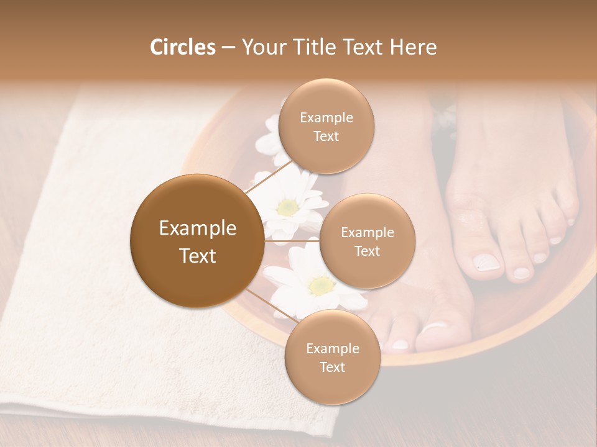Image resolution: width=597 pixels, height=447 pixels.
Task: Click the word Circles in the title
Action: (x=182, y=47)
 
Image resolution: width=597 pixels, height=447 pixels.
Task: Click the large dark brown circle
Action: (x=197, y=241)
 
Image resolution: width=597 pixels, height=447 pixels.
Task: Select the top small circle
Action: (x=326, y=126)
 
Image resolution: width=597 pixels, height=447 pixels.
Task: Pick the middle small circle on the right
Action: (x=367, y=241)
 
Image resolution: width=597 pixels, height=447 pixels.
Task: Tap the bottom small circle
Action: (x=332, y=357)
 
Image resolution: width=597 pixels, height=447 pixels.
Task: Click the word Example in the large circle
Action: (x=197, y=228)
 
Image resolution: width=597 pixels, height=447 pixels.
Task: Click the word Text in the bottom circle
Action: (x=332, y=367)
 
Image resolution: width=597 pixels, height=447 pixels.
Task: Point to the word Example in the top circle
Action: (x=326, y=117)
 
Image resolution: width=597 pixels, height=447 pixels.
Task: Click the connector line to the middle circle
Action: (x=292, y=240)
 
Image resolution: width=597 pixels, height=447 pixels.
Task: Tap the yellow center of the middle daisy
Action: (x=287, y=207)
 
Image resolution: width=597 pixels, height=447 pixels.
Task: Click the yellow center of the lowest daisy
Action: (x=321, y=285)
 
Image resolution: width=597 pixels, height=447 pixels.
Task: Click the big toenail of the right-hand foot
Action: (x=487, y=262)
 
